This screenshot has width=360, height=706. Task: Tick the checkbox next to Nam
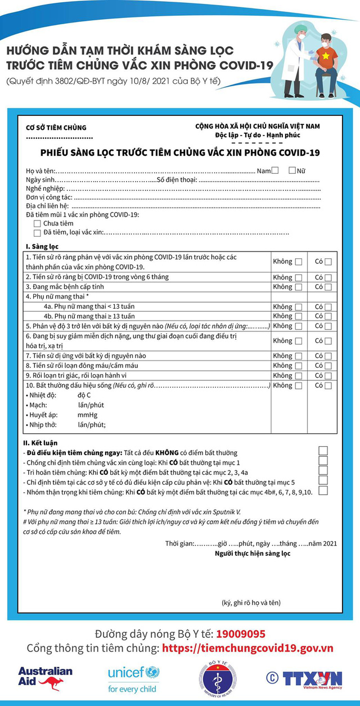tap(275, 170)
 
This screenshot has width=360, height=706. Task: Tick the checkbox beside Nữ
tap(292, 170)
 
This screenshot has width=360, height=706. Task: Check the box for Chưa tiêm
tap(37, 224)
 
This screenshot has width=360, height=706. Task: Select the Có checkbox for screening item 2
tap(328, 277)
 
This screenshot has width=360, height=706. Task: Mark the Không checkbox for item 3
tap(298, 287)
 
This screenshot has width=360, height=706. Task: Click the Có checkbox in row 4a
tap(328, 307)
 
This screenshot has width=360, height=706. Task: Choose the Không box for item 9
tap(298, 376)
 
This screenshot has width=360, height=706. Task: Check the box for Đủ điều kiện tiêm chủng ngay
tap(323, 451)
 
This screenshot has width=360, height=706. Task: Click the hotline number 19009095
tap(241, 634)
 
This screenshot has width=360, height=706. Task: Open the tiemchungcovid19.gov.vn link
tap(247, 648)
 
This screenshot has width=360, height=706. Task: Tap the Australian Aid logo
tap(46, 678)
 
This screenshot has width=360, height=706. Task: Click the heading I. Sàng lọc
tap(42, 246)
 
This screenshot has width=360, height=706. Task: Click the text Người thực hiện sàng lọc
tap(253, 554)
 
